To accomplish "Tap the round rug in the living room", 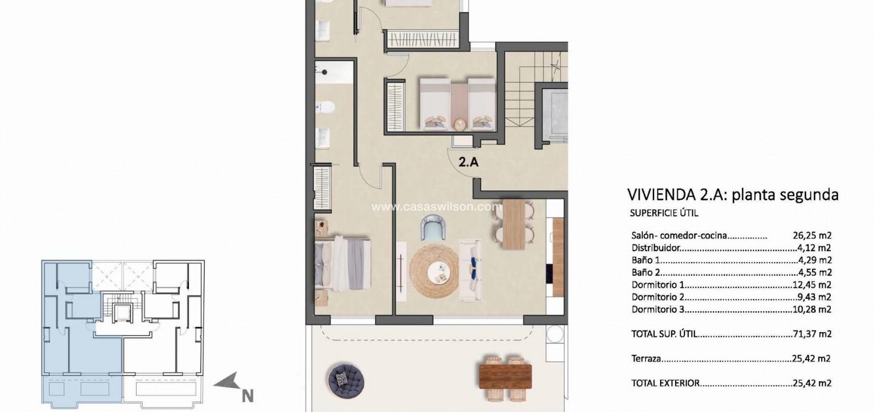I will pyautogui.click(x=434, y=271).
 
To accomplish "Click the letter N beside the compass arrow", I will pyautogui.click(x=247, y=396).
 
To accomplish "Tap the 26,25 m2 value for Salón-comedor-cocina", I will pyautogui.click(x=812, y=236).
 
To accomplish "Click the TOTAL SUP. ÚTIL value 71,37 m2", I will pyautogui.click(x=812, y=334).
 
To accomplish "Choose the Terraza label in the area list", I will pyautogui.click(x=646, y=359).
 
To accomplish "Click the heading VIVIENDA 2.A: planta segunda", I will pyautogui.click(x=733, y=195).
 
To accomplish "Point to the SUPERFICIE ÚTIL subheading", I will pyautogui.click(x=664, y=213).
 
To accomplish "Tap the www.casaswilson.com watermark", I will pyautogui.click(x=437, y=206).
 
